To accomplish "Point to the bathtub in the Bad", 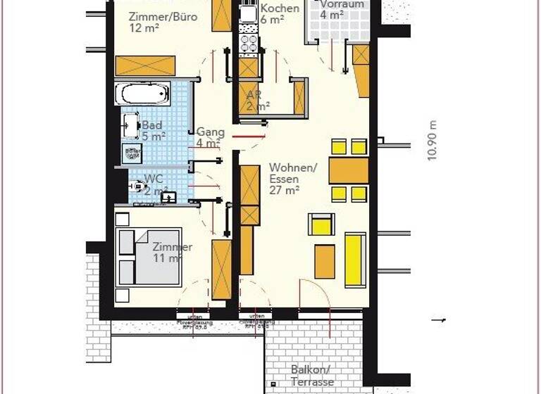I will point(143,93).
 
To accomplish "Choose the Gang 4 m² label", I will point(209,137).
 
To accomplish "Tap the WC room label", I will point(155,184).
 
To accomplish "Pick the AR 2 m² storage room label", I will point(257,101).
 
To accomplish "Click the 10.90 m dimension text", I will point(433,141).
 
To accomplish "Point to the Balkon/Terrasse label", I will point(311,376).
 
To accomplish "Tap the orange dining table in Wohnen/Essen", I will point(349,170).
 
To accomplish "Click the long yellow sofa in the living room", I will point(355,260).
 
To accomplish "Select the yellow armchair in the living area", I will point(321,224).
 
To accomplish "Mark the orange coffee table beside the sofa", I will point(325,262).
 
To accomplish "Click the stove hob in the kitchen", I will point(249,44).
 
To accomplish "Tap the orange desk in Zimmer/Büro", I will point(145,65).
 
